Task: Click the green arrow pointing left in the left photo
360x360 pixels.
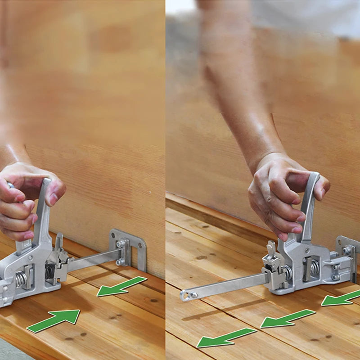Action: coord(121,287)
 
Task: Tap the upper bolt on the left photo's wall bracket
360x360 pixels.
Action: coord(120,244)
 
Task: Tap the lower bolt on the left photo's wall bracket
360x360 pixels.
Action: coord(120,261)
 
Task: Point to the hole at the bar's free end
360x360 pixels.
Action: coord(185,296)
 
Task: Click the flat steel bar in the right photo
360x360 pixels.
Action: coord(225,287)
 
